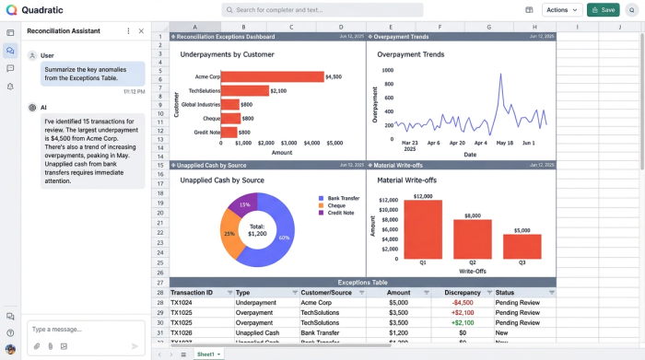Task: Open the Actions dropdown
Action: click(562, 9)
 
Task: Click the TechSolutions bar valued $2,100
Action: click(246, 91)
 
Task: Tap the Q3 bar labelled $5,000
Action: click(522, 246)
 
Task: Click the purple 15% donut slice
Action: click(244, 205)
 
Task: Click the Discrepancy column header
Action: click(462, 292)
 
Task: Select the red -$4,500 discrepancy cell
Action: click(462, 302)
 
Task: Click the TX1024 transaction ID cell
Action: click(182, 302)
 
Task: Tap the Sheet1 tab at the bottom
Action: click(206, 354)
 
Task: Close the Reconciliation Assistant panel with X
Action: click(141, 30)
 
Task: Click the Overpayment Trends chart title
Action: click(410, 54)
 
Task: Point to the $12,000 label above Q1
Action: click(423, 196)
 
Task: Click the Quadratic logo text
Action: click(41, 10)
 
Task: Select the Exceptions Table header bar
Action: click(363, 282)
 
